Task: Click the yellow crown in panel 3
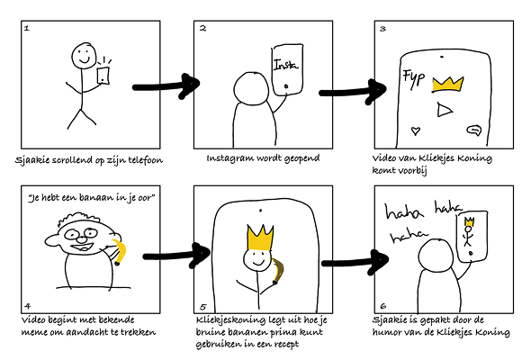447,85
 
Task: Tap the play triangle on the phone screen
444,110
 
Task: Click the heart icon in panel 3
416,130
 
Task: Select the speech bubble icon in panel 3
474,130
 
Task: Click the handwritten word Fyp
413,78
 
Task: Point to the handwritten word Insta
285,64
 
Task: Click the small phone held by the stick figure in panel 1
103,76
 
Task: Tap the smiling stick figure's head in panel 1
84,55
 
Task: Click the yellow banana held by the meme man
119,252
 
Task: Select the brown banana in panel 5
278,271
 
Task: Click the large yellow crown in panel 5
260,237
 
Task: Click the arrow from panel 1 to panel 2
166,86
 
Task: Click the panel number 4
27,306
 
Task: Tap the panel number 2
202,28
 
